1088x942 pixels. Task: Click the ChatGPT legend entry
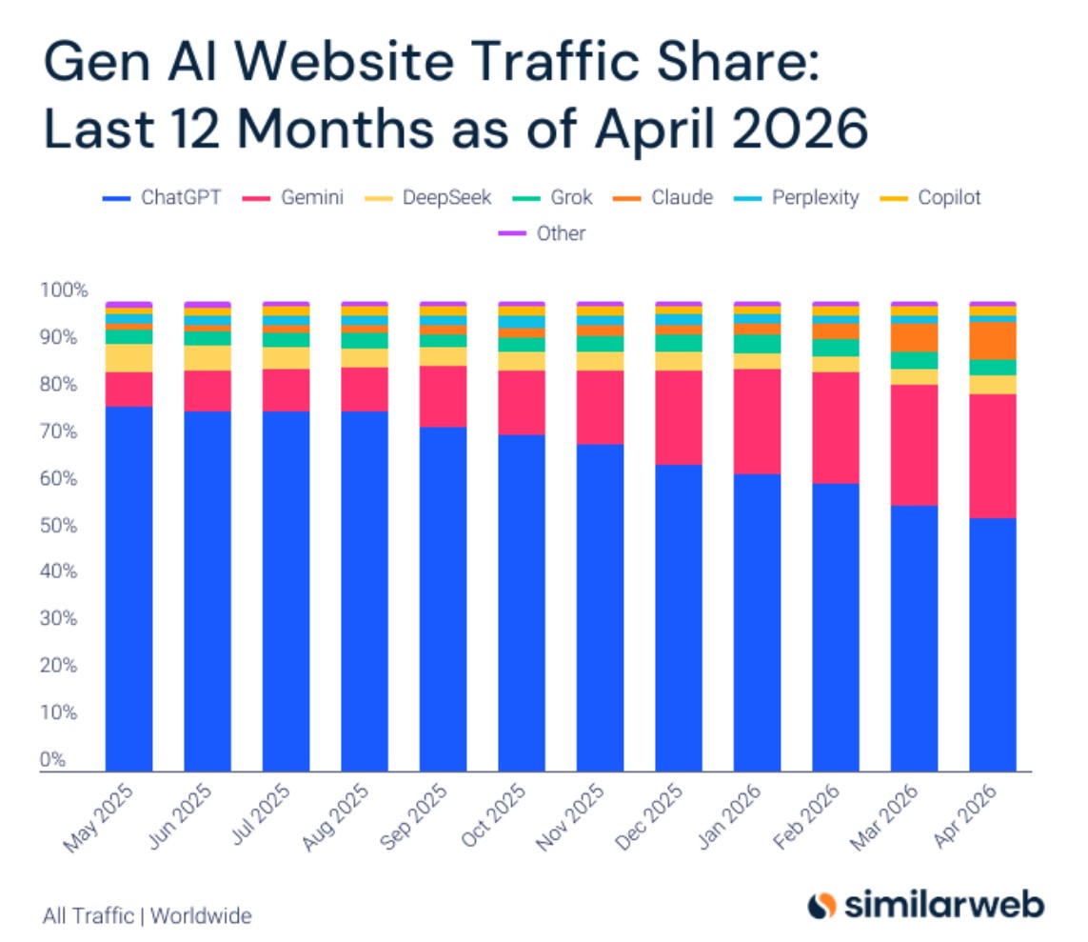pyautogui.click(x=162, y=198)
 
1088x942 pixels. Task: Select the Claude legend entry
pyautogui.click(x=663, y=198)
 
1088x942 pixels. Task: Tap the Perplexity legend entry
pyautogui.click(x=797, y=198)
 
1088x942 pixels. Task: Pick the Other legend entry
pyautogui.click(x=542, y=233)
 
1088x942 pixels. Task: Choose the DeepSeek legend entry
pyautogui.click(x=428, y=198)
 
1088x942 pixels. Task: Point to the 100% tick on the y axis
pyautogui.click(x=64, y=290)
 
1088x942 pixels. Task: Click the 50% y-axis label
pyautogui.click(x=59, y=526)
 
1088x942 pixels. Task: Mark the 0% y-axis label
pyautogui.click(x=52, y=759)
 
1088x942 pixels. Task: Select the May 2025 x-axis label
pyautogui.click(x=98, y=817)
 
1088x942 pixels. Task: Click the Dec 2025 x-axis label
pyautogui.click(x=649, y=817)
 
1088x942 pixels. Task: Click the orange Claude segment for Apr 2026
pyautogui.click(x=992, y=340)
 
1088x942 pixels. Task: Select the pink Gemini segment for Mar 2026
pyautogui.click(x=914, y=445)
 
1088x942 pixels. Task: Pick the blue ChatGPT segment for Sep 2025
pyautogui.click(x=443, y=599)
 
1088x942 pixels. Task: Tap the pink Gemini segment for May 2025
pyautogui.click(x=129, y=390)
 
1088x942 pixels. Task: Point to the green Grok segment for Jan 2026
pyautogui.click(x=757, y=344)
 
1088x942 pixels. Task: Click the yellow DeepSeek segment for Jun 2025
pyautogui.click(x=208, y=358)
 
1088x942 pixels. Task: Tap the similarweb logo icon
pyautogui.click(x=822, y=905)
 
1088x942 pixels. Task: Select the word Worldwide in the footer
pyautogui.click(x=201, y=916)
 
